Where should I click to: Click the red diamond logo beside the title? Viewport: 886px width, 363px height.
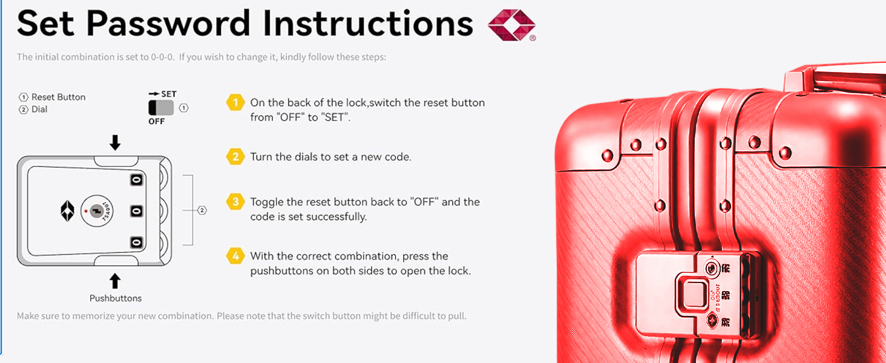coord(511,25)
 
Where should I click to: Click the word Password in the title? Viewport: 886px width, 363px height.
coord(168,24)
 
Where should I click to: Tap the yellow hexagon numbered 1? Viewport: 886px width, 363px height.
coord(235,102)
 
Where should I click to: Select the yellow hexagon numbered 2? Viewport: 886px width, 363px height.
coord(235,157)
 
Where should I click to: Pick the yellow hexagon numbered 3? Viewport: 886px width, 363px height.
coord(235,201)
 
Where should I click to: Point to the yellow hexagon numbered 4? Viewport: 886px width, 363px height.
coord(235,256)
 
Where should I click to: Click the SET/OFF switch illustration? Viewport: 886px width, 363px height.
coord(161,108)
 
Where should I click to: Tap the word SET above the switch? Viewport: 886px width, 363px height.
coord(168,94)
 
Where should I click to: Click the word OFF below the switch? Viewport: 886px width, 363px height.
coord(157,122)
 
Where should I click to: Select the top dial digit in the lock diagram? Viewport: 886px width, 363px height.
coord(136,180)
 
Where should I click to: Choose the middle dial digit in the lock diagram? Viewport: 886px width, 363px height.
coord(136,211)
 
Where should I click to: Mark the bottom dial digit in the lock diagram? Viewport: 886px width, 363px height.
coord(136,242)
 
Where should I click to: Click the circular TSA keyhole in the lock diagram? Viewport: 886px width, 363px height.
coord(97,211)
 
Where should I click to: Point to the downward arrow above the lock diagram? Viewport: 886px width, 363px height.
coord(115,142)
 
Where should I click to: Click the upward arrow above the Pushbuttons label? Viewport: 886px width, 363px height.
coord(115,281)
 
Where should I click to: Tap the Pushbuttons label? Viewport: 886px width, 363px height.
coord(116,298)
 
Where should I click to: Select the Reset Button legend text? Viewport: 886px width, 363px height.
coord(59,97)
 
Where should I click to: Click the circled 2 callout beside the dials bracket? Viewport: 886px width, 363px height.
coord(202,211)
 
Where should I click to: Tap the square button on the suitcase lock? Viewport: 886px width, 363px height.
coord(693,294)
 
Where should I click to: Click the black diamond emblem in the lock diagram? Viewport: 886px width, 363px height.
coord(67,211)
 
